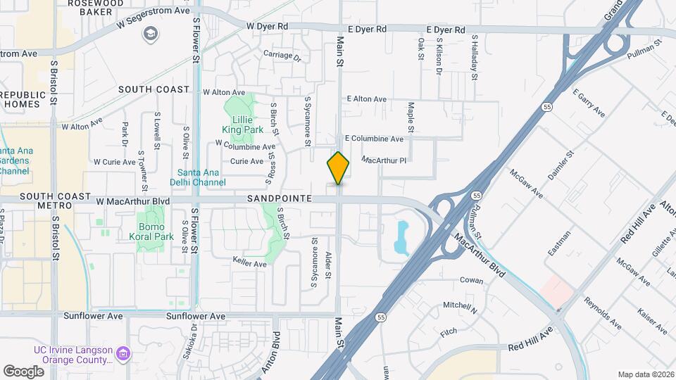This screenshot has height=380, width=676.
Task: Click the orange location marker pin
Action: pyautogui.click(x=339, y=168)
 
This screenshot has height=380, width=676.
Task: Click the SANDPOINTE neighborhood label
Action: pyautogui.click(x=279, y=199)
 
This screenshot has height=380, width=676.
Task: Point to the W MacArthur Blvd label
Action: pyautogui.click(x=133, y=201)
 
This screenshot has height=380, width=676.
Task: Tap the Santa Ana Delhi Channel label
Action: pyautogui.click(x=202, y=177)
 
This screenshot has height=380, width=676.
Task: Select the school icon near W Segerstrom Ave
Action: pyautogui.click(x=151, y=34)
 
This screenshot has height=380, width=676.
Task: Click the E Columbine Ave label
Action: pyautogui.click(x=373, y=139)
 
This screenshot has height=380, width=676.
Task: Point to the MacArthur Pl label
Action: pyautogui.click(x=384, y=160)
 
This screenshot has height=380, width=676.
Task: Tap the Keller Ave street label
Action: pyautogui.click(x=249, y=264)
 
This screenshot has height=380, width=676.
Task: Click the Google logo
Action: pyautogui.click(x=23, y=371)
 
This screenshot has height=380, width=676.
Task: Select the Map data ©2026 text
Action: pyautogui.click(x=644, y=374)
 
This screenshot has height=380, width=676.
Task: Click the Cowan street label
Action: pyautogui.click(x=471, y=280)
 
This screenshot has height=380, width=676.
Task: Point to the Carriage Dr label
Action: pyautogui.click(x=282, y=55)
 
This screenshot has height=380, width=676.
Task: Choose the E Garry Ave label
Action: pyautogui.click(x=589, y=103)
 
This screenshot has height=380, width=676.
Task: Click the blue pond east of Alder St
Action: pyautogui.click(x=402, y=238)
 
